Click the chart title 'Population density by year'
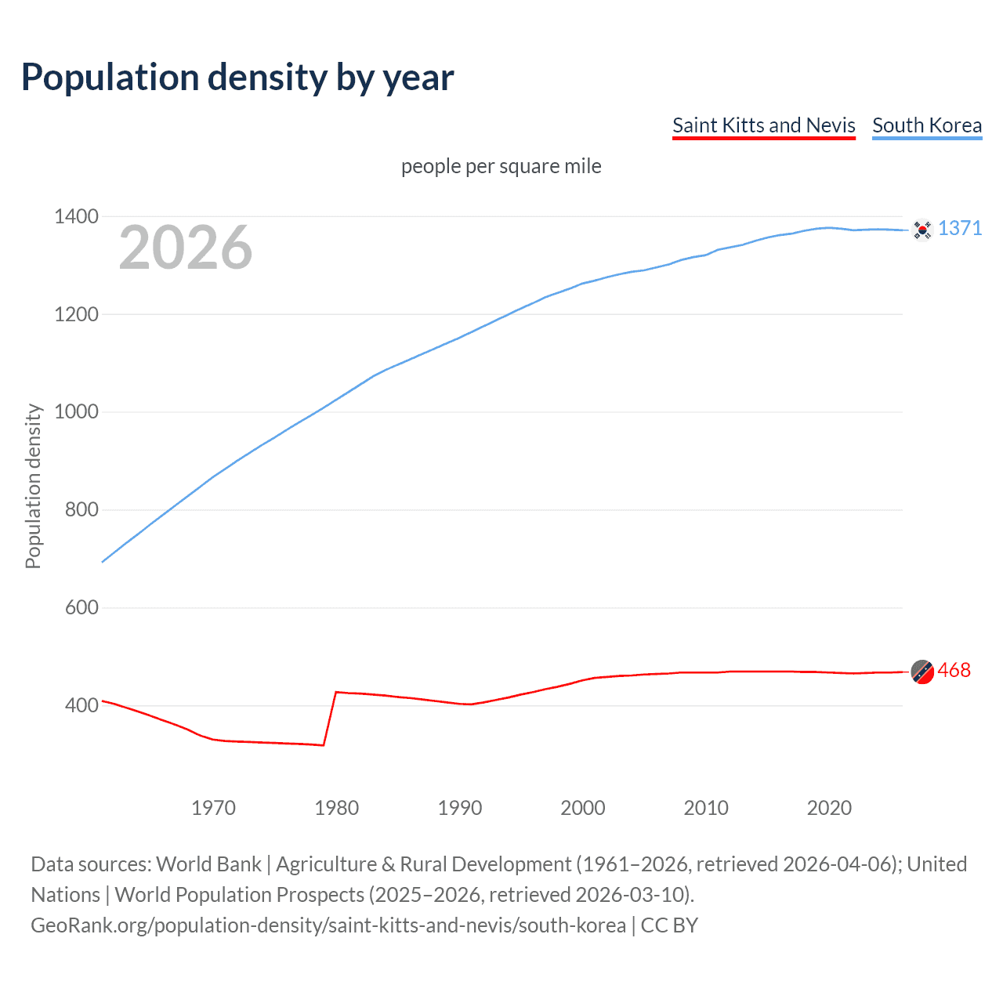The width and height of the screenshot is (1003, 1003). pos(237,78)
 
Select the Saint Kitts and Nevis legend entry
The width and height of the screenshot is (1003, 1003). pos(763,125)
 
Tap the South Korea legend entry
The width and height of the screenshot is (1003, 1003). pos(926,125)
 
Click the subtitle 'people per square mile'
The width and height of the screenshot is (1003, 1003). pos(501,166)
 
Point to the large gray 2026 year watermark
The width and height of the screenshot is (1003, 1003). pos(186,248)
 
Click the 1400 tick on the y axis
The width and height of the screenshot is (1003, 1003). pos(76,216)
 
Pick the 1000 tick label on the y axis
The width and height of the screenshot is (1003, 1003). pos(76,411)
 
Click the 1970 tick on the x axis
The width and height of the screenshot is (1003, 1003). pos(213,808)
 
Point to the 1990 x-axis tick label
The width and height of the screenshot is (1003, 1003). pos(460,808)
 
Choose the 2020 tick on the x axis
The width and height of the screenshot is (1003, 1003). pos(829,808)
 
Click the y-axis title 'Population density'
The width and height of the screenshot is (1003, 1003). pos(33,486)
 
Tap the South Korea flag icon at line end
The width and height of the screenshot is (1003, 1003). pos(922,230)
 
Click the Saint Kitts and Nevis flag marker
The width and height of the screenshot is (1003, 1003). pos(922,672)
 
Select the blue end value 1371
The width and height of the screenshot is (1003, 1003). pos(960,228)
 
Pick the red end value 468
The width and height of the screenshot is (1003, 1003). pos(954,670)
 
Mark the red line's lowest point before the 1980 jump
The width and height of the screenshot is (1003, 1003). pos(323,745)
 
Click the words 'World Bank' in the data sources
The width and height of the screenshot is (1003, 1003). pos(208,864)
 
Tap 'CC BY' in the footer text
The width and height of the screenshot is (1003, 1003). pos(669,925)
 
